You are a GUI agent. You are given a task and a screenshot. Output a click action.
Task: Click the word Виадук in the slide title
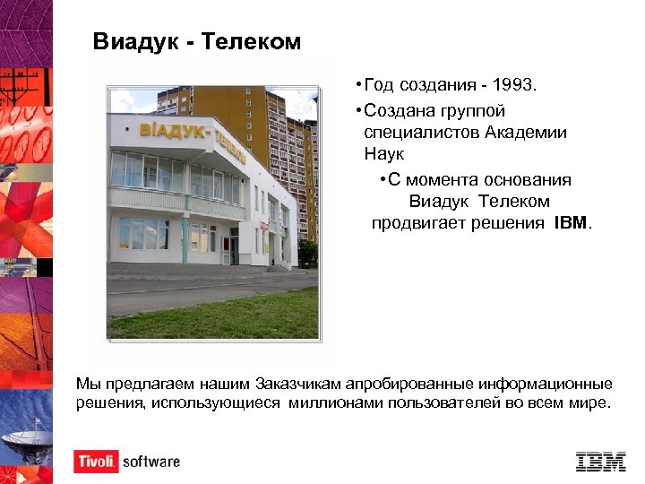pos(135,42)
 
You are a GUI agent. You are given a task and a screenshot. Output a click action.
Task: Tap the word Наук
pos(384,154)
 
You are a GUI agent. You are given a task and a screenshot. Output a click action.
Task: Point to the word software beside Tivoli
pos(151,462)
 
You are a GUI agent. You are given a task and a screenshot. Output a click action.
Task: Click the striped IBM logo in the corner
pos(600,462)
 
